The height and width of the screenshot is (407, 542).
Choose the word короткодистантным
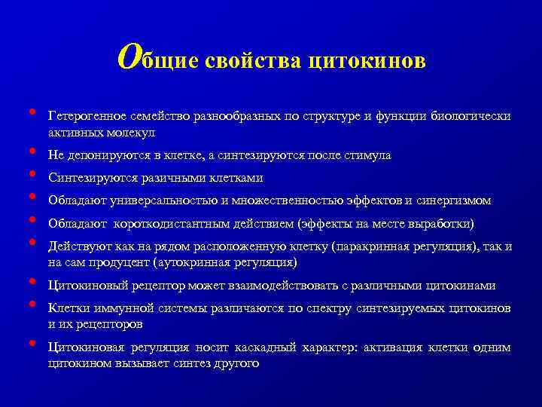(174, 224)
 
